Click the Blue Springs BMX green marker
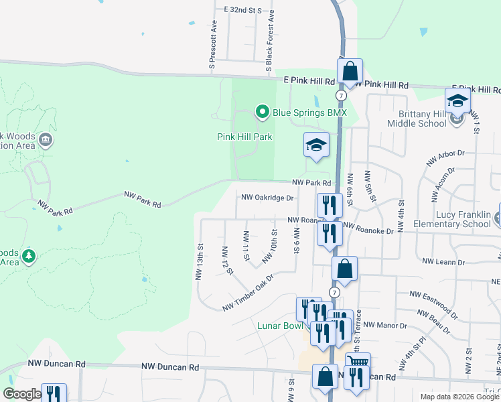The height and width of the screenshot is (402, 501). coord(263,112)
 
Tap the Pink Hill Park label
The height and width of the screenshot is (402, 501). coord(244,137)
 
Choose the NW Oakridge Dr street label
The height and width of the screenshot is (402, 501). coord(267,198)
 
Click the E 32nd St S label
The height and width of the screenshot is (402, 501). coord(242,11)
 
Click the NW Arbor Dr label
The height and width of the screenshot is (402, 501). coord(445,158)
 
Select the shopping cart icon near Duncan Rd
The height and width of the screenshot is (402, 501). coord(357,362)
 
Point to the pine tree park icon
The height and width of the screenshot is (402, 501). coord(28,256)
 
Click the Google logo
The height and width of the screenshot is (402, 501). coord(22,394)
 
